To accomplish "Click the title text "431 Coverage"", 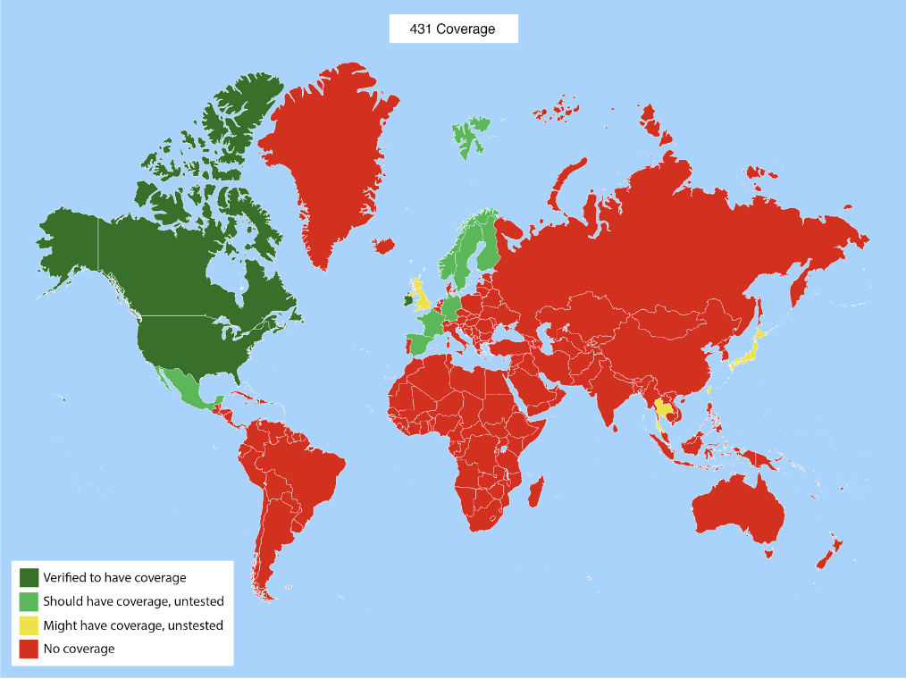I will pyautogui.click(x=453, y=29).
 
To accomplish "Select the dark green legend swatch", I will pyautogui.click(x=29, y=577).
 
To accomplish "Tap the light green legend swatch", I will pyautogui.click(x=29, y=601).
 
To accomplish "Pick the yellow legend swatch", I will pyautogui.click(x=29, y=625).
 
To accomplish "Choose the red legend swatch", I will pyautogui.click(x=29, y=649).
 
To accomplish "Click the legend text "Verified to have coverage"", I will pyautogui.click(x=114, y=577).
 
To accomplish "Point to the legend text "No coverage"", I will pyautogui.click(x=79, y=649).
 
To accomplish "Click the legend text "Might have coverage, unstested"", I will pyautogui.click(x=133, y=625).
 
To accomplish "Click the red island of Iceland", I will pyautogui.click(x=383, y=245).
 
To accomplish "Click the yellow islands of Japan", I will pyautogui.click(x=749, y=354).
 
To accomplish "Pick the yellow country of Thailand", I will pyautogui.click(x=662, y=411).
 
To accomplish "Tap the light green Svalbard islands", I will pyautogui.click(x=470, y=135).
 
